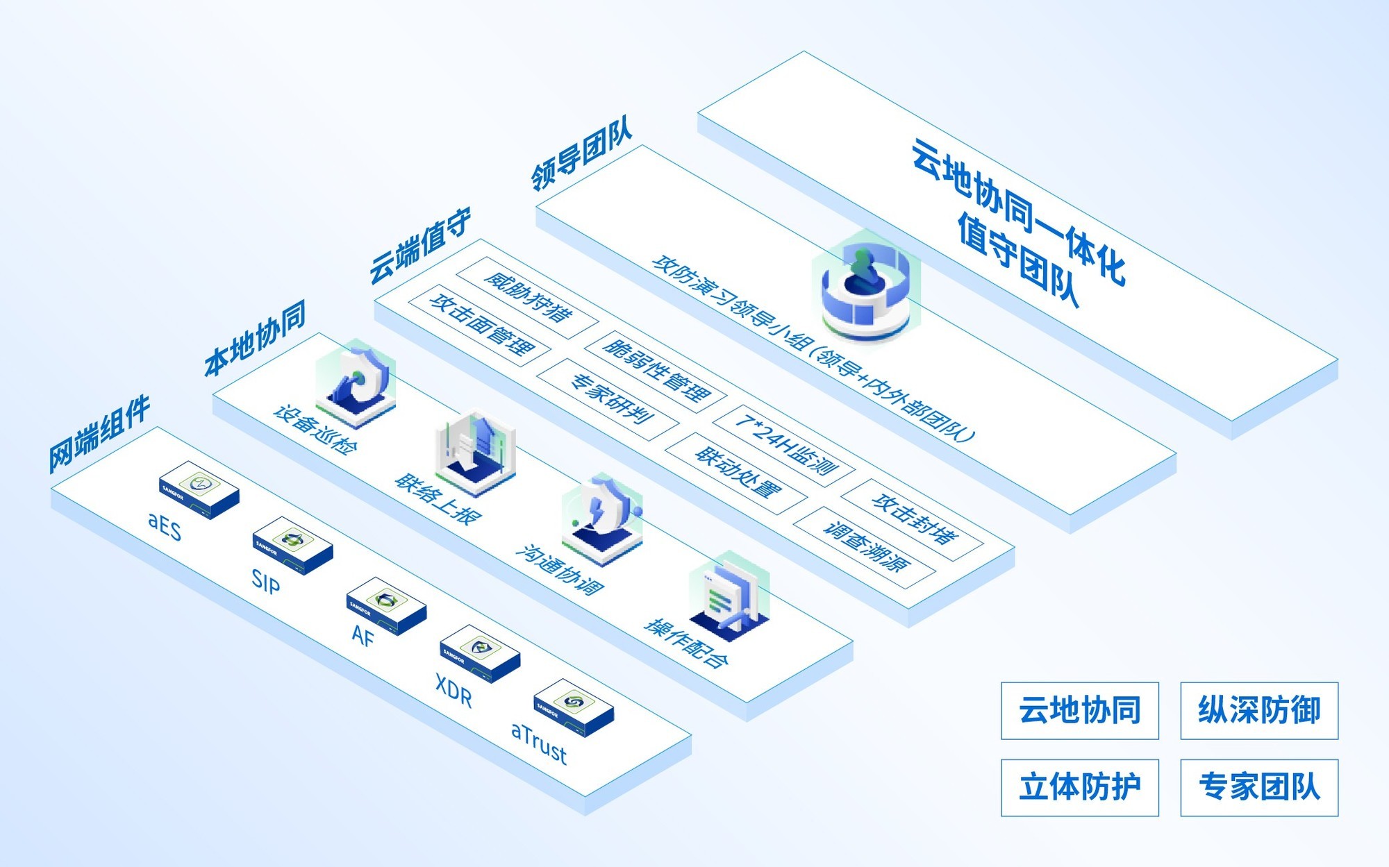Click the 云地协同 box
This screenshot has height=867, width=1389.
pos(1079,710)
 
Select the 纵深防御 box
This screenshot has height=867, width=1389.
pos(1258,710)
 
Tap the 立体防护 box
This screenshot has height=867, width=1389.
pos(1079,787)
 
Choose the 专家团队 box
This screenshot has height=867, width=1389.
pos(1258,787)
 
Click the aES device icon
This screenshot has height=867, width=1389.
pos(199,489)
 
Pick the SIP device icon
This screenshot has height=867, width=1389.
pos(292,546)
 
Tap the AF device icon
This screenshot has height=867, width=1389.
pos(386,605)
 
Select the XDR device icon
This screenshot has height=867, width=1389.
pos(480,654)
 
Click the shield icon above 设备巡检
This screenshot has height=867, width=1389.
pos(356,382)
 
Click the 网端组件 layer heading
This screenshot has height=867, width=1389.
pos(99,433)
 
